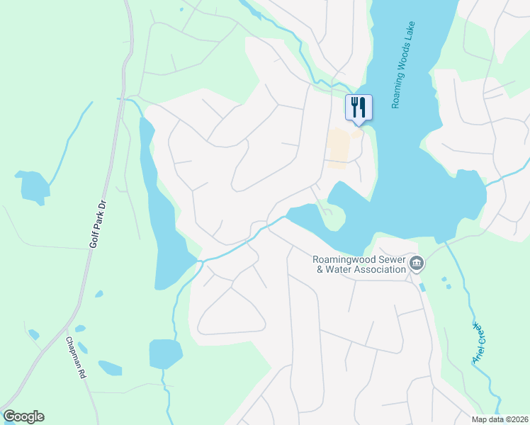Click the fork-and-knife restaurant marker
(x=359, y=108)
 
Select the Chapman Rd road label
(x=75, y=358)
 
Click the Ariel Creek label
(x=478, y=343)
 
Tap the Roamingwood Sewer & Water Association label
(x=360, y=264)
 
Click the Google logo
(x=23, y=416)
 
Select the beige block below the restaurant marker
(x=339, y=147)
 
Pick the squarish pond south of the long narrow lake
(x=165, y=353)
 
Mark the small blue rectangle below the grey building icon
(x=422, y=287)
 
